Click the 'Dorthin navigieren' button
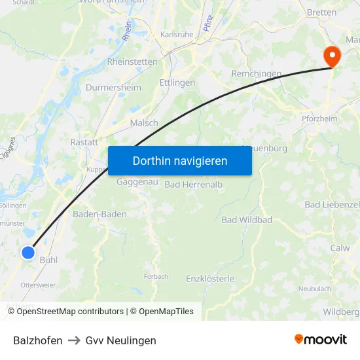coord(180,160)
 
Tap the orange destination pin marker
coord(333,56)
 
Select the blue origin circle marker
coord(28,252)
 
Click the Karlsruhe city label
coord(172,35)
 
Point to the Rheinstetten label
coord(132,62)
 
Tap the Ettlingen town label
coord(177,83)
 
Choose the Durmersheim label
coord(113,87)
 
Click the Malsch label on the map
coord(144,122)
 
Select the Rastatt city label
coord(84,141)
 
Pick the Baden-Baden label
coord(99,214)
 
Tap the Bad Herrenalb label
coord(194,185)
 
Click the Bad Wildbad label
coord(247,220)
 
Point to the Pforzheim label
coord(319,119)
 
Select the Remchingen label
coord(257,74)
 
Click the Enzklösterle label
coord(210,278)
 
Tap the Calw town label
coord(340,248)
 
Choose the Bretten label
coord(322,12)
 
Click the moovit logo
coord(321,339)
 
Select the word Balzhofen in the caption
coord(38,340)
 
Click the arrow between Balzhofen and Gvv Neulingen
coord(74,340)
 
